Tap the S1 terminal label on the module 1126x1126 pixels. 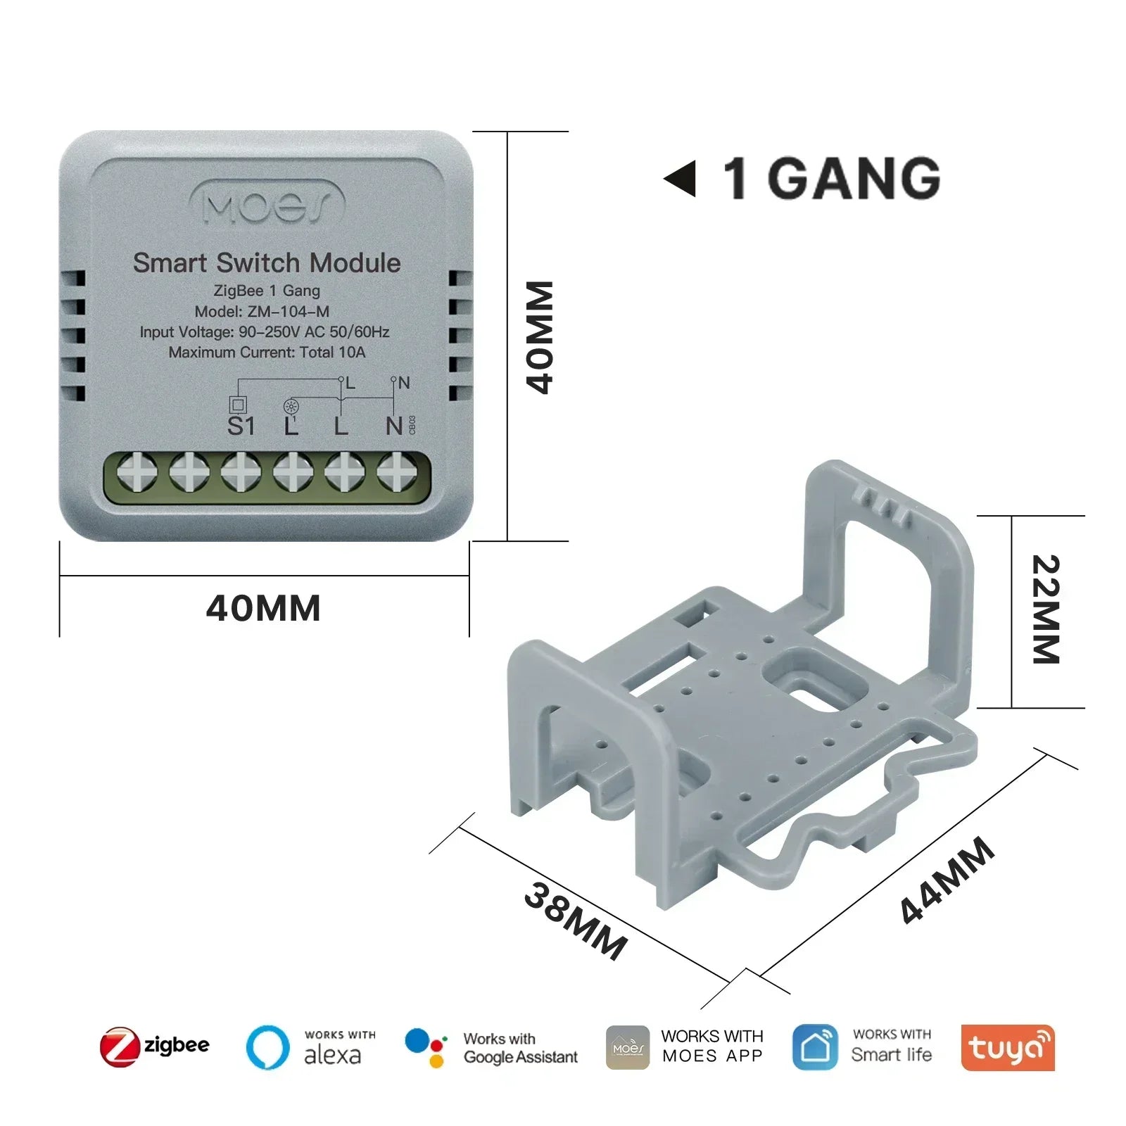[x=241, y=426]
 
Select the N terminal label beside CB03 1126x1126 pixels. [x=394, y=426]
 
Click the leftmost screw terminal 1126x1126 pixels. [x=137, y=471]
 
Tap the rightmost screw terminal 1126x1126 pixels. [x=396, y=471]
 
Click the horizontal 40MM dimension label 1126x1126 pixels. [x=263, y=609]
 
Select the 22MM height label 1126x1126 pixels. [x=1046, y=609]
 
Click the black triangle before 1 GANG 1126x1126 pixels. [x=681, y=179]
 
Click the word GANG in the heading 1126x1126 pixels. [x=853, y=179]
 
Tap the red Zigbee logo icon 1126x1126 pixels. [x=119, y=1046]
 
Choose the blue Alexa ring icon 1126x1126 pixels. [x=267, y=1047]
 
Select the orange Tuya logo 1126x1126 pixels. [x=1007, y=1047]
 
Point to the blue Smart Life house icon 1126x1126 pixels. [x=814, y=1047]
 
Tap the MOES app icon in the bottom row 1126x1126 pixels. [x=628, y=1047]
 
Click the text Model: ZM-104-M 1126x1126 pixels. [x=262, y=312]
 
